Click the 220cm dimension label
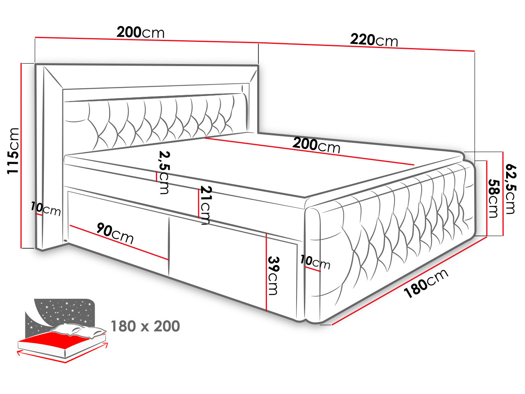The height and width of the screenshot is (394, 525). (x=374, y=40)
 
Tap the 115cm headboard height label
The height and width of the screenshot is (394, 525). (x=13, y=151)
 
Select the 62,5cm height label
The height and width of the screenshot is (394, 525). (x=510, y=189)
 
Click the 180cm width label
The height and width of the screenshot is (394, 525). (x=426, y=284)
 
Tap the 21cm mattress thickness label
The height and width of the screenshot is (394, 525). (x=205, y=205)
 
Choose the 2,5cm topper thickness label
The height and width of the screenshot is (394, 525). (x=164, y=172)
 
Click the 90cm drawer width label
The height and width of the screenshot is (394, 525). (x=115, y=233)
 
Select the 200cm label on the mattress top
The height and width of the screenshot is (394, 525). (x=316, y=145)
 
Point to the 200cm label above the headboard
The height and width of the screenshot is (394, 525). (x=140, y=32)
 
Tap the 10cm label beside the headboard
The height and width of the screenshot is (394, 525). (x=46, y=209)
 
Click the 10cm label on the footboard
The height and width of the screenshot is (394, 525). (x=315, y=262)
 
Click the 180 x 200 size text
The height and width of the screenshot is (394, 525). (x=145, y=326)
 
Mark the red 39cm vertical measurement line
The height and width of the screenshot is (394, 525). (x=266, y=272)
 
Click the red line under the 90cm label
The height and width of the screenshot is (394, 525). (x=119, y=242)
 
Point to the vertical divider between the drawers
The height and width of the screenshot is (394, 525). (x=169, y=246)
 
